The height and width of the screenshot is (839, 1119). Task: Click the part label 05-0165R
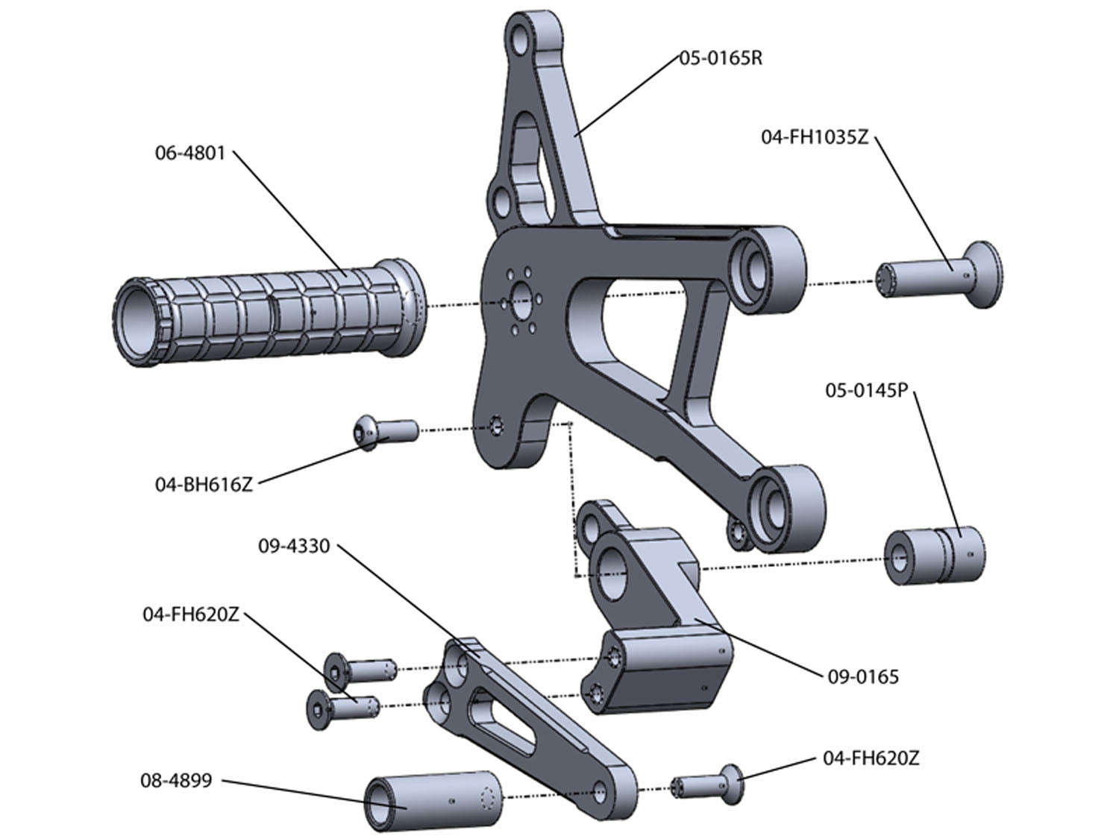point(721,58)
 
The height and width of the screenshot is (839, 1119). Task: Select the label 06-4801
point(189,154)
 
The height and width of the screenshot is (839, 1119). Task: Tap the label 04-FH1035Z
point(815,137)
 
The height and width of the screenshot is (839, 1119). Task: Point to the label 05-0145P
point(865,390)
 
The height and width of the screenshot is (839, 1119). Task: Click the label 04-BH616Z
point(204,484)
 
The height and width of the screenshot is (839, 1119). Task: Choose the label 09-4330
point(294,547)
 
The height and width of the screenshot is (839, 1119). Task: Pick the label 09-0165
point(863,677)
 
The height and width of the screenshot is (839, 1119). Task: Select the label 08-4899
point(176,781)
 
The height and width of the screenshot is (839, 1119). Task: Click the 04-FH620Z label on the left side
point(191,615)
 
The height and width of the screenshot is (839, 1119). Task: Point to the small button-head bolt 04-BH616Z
point(385,432)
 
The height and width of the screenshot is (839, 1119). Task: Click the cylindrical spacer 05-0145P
point(935,556)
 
